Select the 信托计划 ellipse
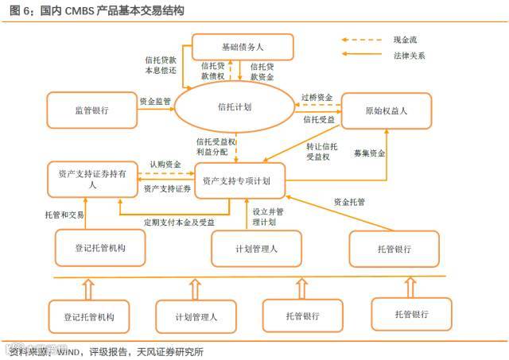(x=235, y=107)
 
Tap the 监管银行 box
(x=91, y=111)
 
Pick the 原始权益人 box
(x=386, y=111)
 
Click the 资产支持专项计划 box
(x=238, y=180)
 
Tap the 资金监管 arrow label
(x=154, y=102)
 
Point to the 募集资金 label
(x=369, y=153)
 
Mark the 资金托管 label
(x=349, y=202)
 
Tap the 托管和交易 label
(x=64, y=216)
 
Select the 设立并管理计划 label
(x=268, y=217)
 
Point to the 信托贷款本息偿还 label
(x=161, y=64)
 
